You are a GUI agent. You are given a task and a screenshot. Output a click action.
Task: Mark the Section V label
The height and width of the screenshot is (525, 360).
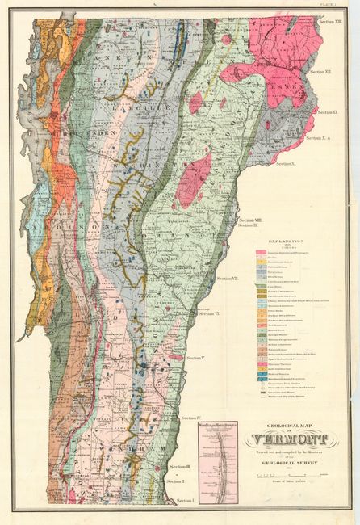coord(195,357)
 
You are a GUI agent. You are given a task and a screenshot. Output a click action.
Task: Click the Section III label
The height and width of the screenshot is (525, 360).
coord(178,467)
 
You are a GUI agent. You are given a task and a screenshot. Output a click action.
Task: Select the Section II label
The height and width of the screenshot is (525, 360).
coord(176,481)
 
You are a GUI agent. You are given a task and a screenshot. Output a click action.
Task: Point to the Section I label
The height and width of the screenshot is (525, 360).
coord(186,501)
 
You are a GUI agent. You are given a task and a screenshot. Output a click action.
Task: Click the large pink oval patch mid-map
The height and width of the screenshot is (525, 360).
coord(194,179)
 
